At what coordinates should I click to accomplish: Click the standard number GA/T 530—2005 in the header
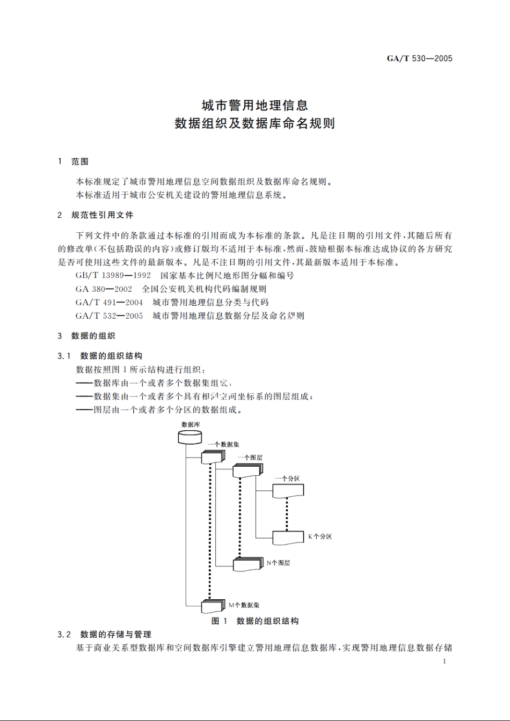point(419,58)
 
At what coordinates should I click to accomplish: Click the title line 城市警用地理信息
point(254,105)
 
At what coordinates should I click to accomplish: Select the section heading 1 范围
point(74,161)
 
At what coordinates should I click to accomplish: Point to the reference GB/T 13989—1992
point(113,276)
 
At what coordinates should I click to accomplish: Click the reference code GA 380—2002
point(104,289)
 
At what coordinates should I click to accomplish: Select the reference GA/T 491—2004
point(110,303)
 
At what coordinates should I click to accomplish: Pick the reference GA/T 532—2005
point(110,316)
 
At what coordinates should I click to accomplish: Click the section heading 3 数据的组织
point(86,336)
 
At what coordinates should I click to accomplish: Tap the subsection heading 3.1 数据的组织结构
point(100,356)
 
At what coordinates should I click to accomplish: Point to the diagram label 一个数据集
point(223,444)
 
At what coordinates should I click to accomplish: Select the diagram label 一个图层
point(250,458)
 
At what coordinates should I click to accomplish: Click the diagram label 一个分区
point(287,479)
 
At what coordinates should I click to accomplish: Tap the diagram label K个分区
point(319,536)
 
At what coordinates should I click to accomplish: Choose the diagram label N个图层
point(278,563)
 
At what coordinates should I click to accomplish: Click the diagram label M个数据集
point(244,605)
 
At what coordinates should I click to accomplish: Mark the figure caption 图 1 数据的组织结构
point(255,621)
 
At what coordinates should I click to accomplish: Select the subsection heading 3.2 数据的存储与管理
point(105,635)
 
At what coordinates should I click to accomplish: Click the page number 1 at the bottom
point(445,661)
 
